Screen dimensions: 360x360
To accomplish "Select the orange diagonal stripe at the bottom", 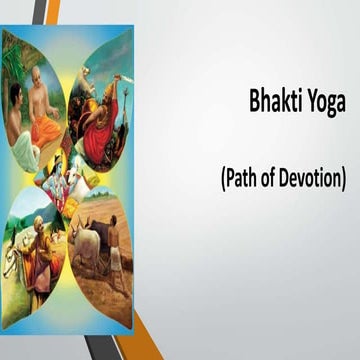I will pyautogui.click(x=140, y=346).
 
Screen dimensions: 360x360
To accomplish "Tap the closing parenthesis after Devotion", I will pyautogui.click(x=343, y=181).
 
